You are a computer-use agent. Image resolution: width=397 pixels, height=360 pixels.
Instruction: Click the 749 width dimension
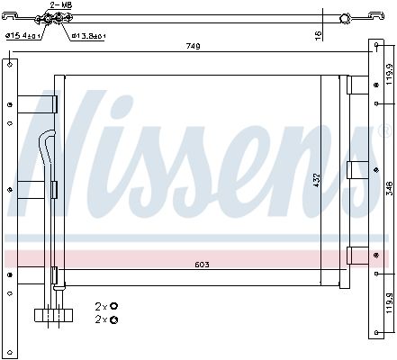(x=193, y=46)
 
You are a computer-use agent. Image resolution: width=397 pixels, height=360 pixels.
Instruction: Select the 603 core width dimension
(x=202, y=265)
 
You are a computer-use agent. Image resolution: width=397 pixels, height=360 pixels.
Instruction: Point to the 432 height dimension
(x=317, y=181)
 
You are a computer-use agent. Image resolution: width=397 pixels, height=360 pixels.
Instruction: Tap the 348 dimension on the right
(x=389, y=188)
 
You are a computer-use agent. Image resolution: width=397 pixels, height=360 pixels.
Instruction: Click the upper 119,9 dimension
(x=389, y=74)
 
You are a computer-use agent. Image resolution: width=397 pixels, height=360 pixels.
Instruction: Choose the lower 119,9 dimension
(x=389, y=303)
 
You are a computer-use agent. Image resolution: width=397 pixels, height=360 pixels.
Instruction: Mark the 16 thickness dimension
(x=318, y=35)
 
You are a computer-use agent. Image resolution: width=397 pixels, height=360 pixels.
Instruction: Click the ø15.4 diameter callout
(x=23, y=36)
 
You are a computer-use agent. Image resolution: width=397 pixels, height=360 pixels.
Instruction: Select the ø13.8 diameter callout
(x=88, y=36)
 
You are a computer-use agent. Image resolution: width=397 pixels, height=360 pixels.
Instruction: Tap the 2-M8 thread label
(x=61, y=5)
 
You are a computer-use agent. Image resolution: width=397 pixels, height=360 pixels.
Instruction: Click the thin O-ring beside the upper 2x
(x=113, y=306)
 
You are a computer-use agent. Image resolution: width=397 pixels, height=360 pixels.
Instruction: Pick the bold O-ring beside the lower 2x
(x=114, y=320)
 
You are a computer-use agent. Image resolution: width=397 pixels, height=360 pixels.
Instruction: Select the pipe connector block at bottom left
(x=53, y=316)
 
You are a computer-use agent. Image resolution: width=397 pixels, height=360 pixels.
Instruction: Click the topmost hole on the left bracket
(x=10, y=64)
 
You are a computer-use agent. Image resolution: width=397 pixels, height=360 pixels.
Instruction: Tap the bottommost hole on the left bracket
(x=10, y=352)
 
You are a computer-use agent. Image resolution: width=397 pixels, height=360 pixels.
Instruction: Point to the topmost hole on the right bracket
(x=376, y=45)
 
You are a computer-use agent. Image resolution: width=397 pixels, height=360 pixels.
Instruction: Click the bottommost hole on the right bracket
(x=376, y=332)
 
